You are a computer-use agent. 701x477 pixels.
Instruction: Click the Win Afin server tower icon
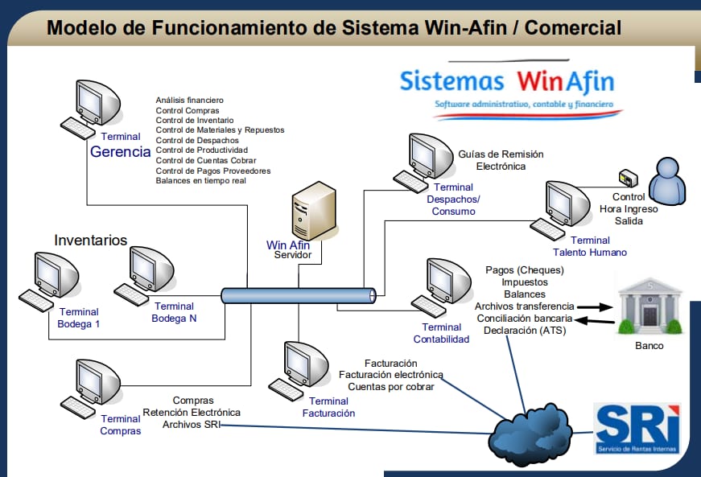coord(313,212)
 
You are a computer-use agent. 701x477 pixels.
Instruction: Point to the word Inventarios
coord(90,241)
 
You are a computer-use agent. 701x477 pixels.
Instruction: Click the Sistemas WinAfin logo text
coord(506,81)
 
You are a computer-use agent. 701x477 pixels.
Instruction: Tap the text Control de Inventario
coord(195,120)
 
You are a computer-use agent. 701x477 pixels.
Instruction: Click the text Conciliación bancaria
coord(524,319)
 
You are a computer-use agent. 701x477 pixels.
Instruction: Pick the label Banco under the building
coord(649,346)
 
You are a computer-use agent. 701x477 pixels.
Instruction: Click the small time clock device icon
coord(626,177)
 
